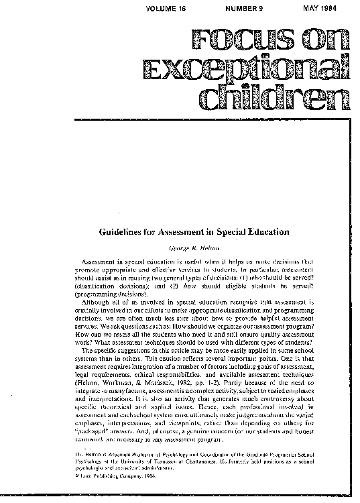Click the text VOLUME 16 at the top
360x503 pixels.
[x=179, y=5]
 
